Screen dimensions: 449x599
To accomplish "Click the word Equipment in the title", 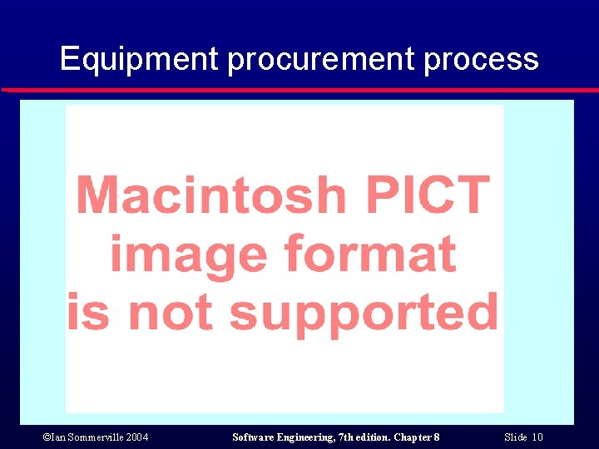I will pyautogui.click(x=138, y=60).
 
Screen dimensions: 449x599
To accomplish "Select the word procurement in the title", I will pyautogui.click(x=320, y=60).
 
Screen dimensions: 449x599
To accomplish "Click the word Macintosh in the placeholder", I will pyautogui.click(x=210, y=195).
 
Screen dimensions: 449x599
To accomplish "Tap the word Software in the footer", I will pyautogui.click(x=252, y=437).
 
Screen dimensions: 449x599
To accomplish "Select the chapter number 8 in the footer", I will pyautogui.click(x=437, y=437).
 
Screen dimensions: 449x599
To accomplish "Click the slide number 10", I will pyautogui.click(x=537, y=437).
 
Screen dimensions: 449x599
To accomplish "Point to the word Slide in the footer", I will pyautogui.click(x=516, y=437).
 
